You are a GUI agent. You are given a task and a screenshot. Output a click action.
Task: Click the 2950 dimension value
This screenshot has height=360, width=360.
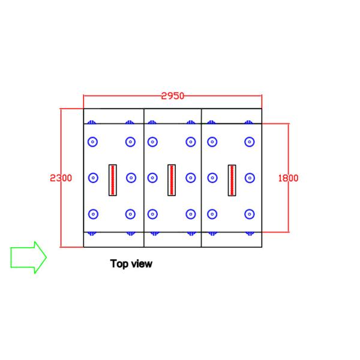click(173, 95)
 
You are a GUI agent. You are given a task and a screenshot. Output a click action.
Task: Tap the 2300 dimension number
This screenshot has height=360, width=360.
click(61, 178)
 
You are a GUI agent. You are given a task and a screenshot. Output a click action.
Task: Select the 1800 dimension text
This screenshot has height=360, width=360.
click(288, 178)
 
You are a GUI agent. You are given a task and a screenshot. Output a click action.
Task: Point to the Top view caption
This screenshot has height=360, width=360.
click(131, 263)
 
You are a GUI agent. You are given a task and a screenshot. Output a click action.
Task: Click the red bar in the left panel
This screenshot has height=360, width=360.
click(112, 179)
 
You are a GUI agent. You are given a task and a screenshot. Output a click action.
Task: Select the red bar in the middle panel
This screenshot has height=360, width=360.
click(171, 179)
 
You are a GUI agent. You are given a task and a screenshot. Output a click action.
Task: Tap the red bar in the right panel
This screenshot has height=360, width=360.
click(232, 179)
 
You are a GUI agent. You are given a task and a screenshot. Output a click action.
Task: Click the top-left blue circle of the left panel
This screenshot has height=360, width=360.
click(92, 142)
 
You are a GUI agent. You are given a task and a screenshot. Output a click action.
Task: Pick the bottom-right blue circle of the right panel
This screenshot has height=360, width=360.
click(249, 214)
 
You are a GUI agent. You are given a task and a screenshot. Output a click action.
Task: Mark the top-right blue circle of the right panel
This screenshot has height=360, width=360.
click(249, 142)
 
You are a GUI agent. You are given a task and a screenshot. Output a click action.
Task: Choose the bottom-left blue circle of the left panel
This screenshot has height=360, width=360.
click(92, 214)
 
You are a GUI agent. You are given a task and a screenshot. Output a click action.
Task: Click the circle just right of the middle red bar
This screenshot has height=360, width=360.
click(191, 178)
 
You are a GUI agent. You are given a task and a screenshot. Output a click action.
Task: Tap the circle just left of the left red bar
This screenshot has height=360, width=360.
click(92, 178)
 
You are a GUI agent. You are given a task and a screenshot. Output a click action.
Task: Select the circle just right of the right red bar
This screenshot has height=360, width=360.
click(249, 178)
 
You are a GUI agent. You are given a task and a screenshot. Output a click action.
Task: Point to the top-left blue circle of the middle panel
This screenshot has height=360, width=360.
click(152, 142)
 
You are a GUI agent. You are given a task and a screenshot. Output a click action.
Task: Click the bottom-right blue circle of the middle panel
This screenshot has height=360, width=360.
click(191, 214)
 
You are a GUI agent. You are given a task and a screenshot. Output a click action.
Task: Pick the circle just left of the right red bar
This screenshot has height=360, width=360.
click(212, 178)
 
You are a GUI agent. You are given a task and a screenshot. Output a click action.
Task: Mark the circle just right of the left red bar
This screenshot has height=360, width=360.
click(130, 178)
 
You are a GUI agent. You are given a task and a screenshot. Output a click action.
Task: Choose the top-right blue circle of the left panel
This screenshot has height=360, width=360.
click(130, 142)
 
